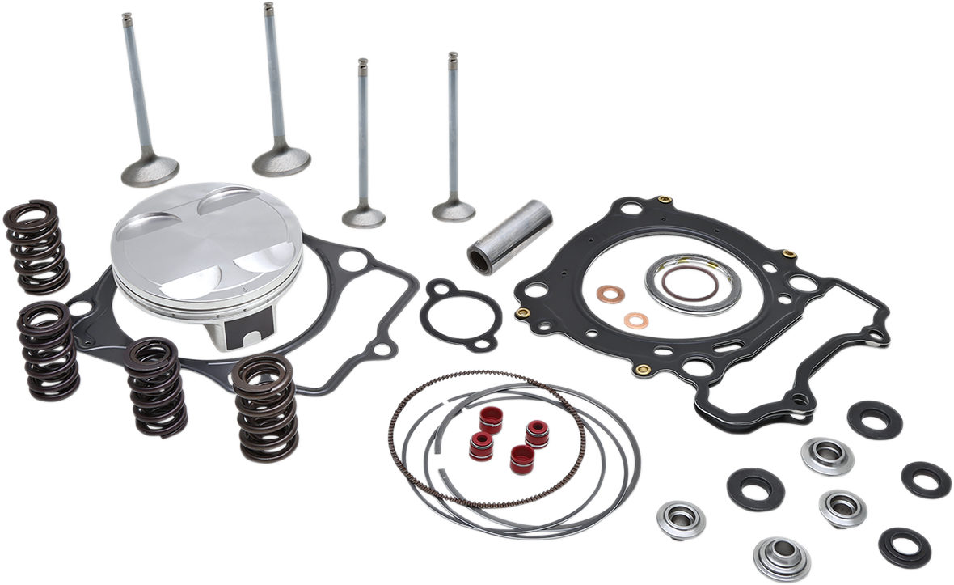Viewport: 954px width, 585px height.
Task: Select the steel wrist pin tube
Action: click(511, 235)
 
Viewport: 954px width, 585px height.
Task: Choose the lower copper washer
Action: click(635, 320)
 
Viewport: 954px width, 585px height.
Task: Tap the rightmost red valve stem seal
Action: click(537, 434)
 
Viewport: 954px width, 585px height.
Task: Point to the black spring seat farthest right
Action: click(926, 479)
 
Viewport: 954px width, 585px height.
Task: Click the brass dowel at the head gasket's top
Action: click(663, 200)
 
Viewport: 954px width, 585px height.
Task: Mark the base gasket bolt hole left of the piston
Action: click(79, 308)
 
